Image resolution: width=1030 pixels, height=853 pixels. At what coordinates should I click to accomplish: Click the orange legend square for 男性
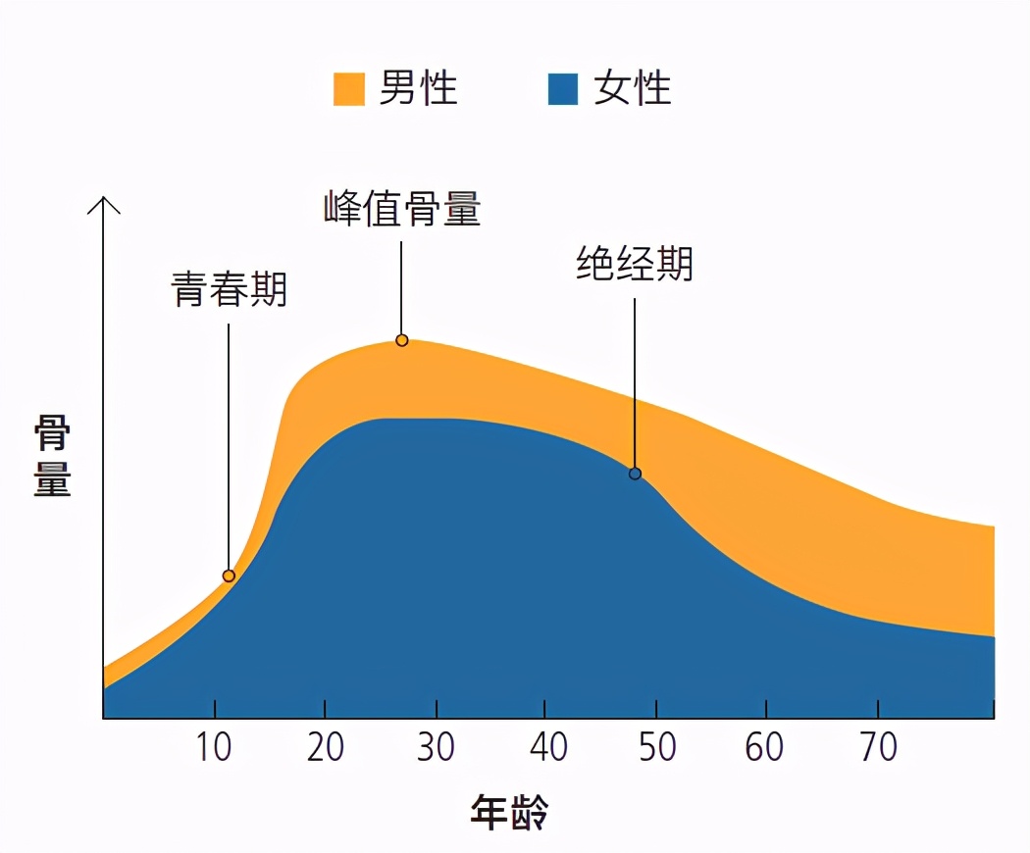(x=349, y=88)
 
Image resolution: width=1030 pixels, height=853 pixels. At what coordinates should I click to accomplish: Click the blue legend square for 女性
(x=563, y=88)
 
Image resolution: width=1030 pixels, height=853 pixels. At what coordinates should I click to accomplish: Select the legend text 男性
(x=418, y=88)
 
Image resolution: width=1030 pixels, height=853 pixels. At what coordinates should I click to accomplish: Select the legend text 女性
(x=632, y=88)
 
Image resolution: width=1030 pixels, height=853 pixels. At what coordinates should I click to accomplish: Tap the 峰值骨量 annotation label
(x=402, y=209)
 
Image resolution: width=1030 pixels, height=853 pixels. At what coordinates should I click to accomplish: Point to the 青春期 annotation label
(x=230, y=289)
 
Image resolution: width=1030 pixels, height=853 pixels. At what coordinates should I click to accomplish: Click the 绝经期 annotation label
(x=635, y=264)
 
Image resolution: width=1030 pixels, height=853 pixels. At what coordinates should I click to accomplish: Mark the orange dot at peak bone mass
(x=402, y=340)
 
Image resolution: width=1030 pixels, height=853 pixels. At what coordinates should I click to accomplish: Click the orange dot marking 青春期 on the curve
(x=229, y=576)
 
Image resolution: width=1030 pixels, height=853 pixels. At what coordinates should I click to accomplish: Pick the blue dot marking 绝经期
(x=635, y=474)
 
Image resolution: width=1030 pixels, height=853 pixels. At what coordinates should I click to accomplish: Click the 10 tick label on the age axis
(x=214, y=748)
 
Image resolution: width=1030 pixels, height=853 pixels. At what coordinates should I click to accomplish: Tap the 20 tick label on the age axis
(x=325, y=748)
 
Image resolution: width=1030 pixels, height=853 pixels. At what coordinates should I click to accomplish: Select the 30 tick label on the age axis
(x=436, y=748)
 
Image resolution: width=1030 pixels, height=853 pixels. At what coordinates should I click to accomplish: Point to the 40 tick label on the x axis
(x=547, y=748)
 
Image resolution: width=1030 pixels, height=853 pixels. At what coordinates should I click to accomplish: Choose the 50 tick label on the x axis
(x=656, y=748)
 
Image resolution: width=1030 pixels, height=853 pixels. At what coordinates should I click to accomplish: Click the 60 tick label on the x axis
(x=764, y=748)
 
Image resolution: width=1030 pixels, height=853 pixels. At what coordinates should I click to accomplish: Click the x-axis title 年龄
(x=509, y=813)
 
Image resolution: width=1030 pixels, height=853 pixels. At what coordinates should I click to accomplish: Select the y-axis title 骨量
(x=52, y=455)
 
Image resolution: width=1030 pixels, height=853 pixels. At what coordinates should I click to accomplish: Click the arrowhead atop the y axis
(x=103, y=203)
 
